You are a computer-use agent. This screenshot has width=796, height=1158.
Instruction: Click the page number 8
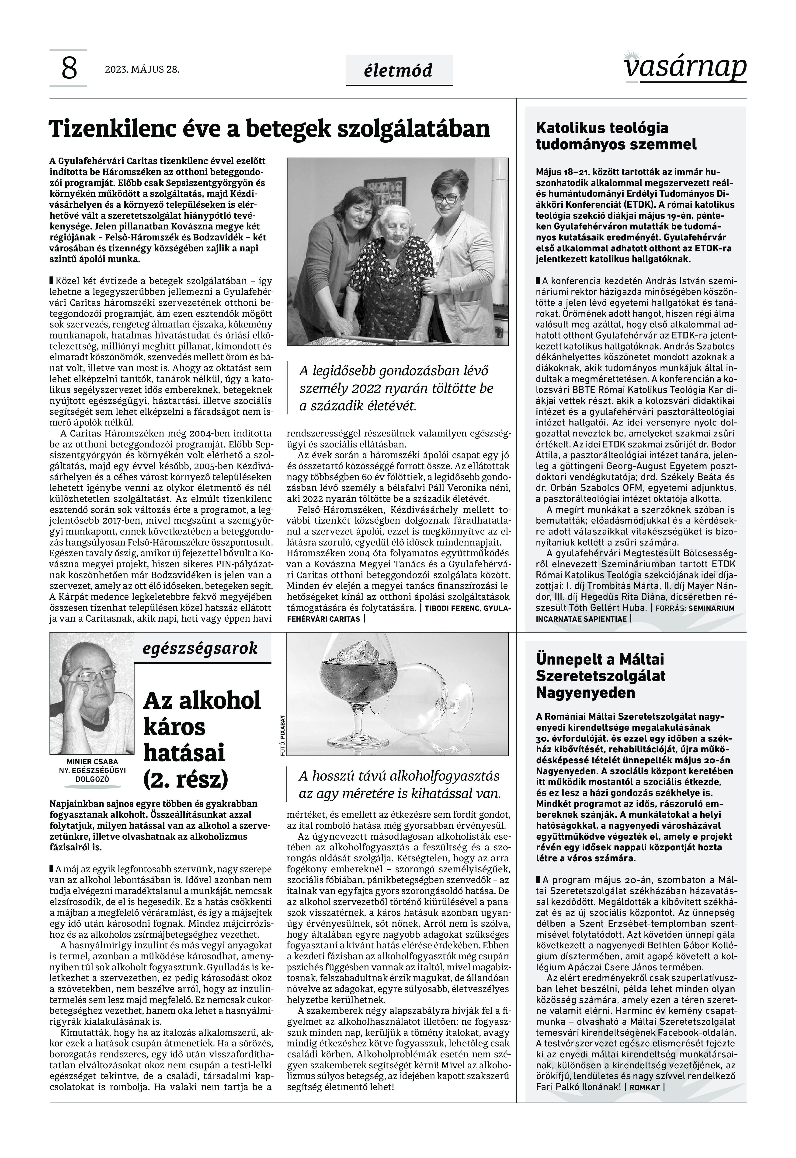tap(69, 68)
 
